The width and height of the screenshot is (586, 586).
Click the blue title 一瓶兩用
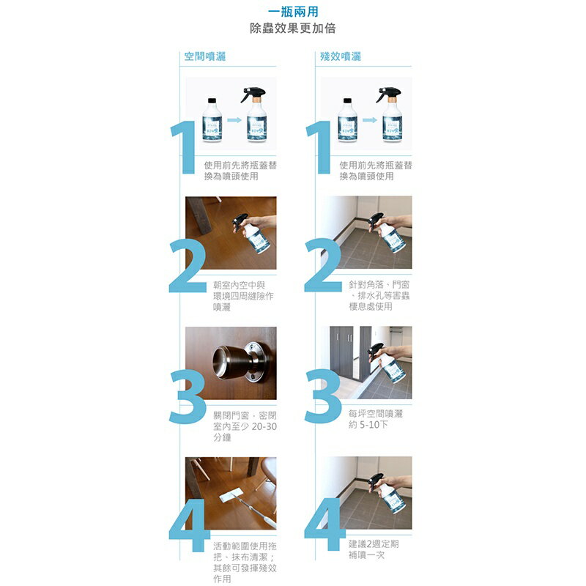point(293,12)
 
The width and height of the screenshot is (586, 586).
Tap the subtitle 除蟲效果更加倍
point(293,28)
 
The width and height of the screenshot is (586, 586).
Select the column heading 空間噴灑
point(205,56)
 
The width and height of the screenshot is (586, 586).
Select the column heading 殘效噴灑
point(341,56)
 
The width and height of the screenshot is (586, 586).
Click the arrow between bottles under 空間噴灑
point(234,120)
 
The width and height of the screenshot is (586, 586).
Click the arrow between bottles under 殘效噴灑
point(370,120)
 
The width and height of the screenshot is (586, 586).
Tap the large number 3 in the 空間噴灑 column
point(188,396)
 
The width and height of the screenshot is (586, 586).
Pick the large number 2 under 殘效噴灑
point(322,265)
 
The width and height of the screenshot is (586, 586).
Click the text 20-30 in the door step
point(264,426)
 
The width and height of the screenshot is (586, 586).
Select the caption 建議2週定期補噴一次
point(374,549)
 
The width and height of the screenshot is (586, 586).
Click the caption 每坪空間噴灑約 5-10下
point(376,419)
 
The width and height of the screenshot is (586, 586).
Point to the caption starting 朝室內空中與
point(243,296)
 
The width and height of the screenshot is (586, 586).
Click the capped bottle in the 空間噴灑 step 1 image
point(212,120)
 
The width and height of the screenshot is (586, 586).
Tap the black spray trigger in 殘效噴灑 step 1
point(388,93)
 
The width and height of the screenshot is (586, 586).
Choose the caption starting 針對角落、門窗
point(379,296)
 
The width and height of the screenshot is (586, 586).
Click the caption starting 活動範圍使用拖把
point(245,562)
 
